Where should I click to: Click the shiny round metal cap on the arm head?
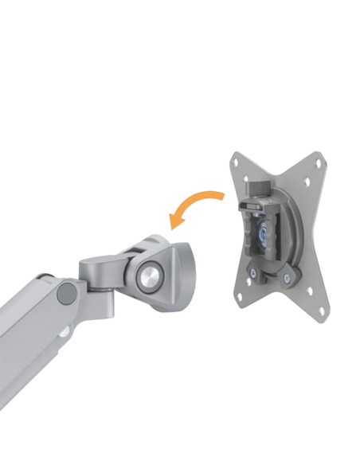tap(149, 275)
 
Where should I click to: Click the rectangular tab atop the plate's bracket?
tap(256, 190)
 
